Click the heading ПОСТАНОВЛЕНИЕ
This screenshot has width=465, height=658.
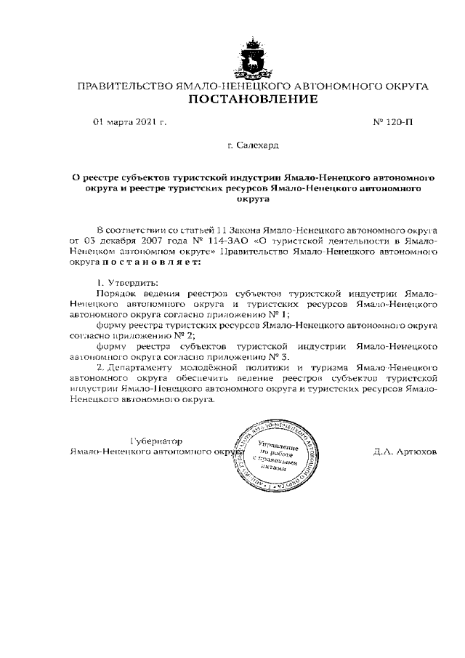(x=254, y=99)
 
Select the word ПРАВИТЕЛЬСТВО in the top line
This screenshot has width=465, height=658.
(x=125, y=87)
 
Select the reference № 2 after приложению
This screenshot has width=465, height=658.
(x=187, y=337)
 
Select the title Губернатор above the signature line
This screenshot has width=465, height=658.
(x=155, y=441)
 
